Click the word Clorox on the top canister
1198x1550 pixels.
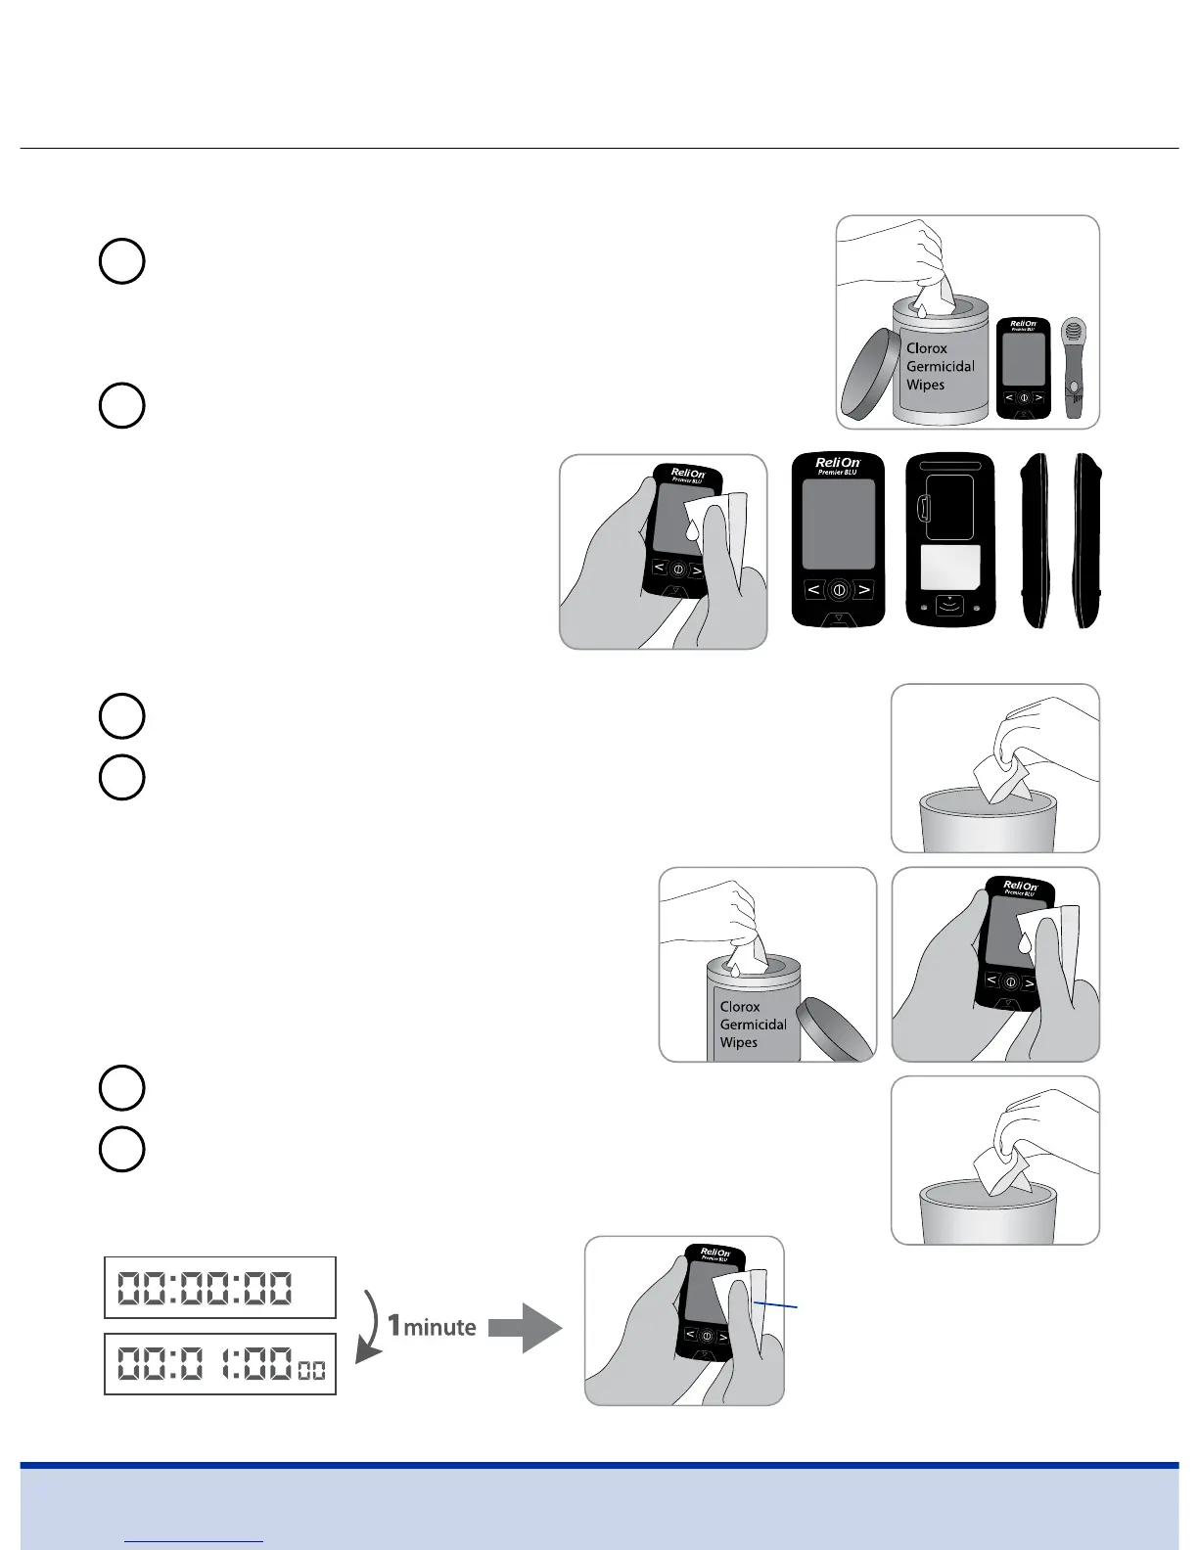tap(926, 348)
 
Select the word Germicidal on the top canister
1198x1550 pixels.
tap(940, 367)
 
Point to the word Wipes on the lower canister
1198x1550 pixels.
tap(738, 1043)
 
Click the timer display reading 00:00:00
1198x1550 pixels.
tap(220, 1288)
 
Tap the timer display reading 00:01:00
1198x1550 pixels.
tap(220, 1363)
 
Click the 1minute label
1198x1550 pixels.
tap(432, 1327)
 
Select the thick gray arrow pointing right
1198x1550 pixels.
tap(525, 1328)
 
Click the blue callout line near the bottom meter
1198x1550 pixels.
tap(778, 1305)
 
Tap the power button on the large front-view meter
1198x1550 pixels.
tap(839, 590)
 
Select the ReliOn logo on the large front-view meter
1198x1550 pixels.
tap(838, 464)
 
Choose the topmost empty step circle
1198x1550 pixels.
tap(122, 261)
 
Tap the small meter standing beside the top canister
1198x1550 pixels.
tap(1023, 369)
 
